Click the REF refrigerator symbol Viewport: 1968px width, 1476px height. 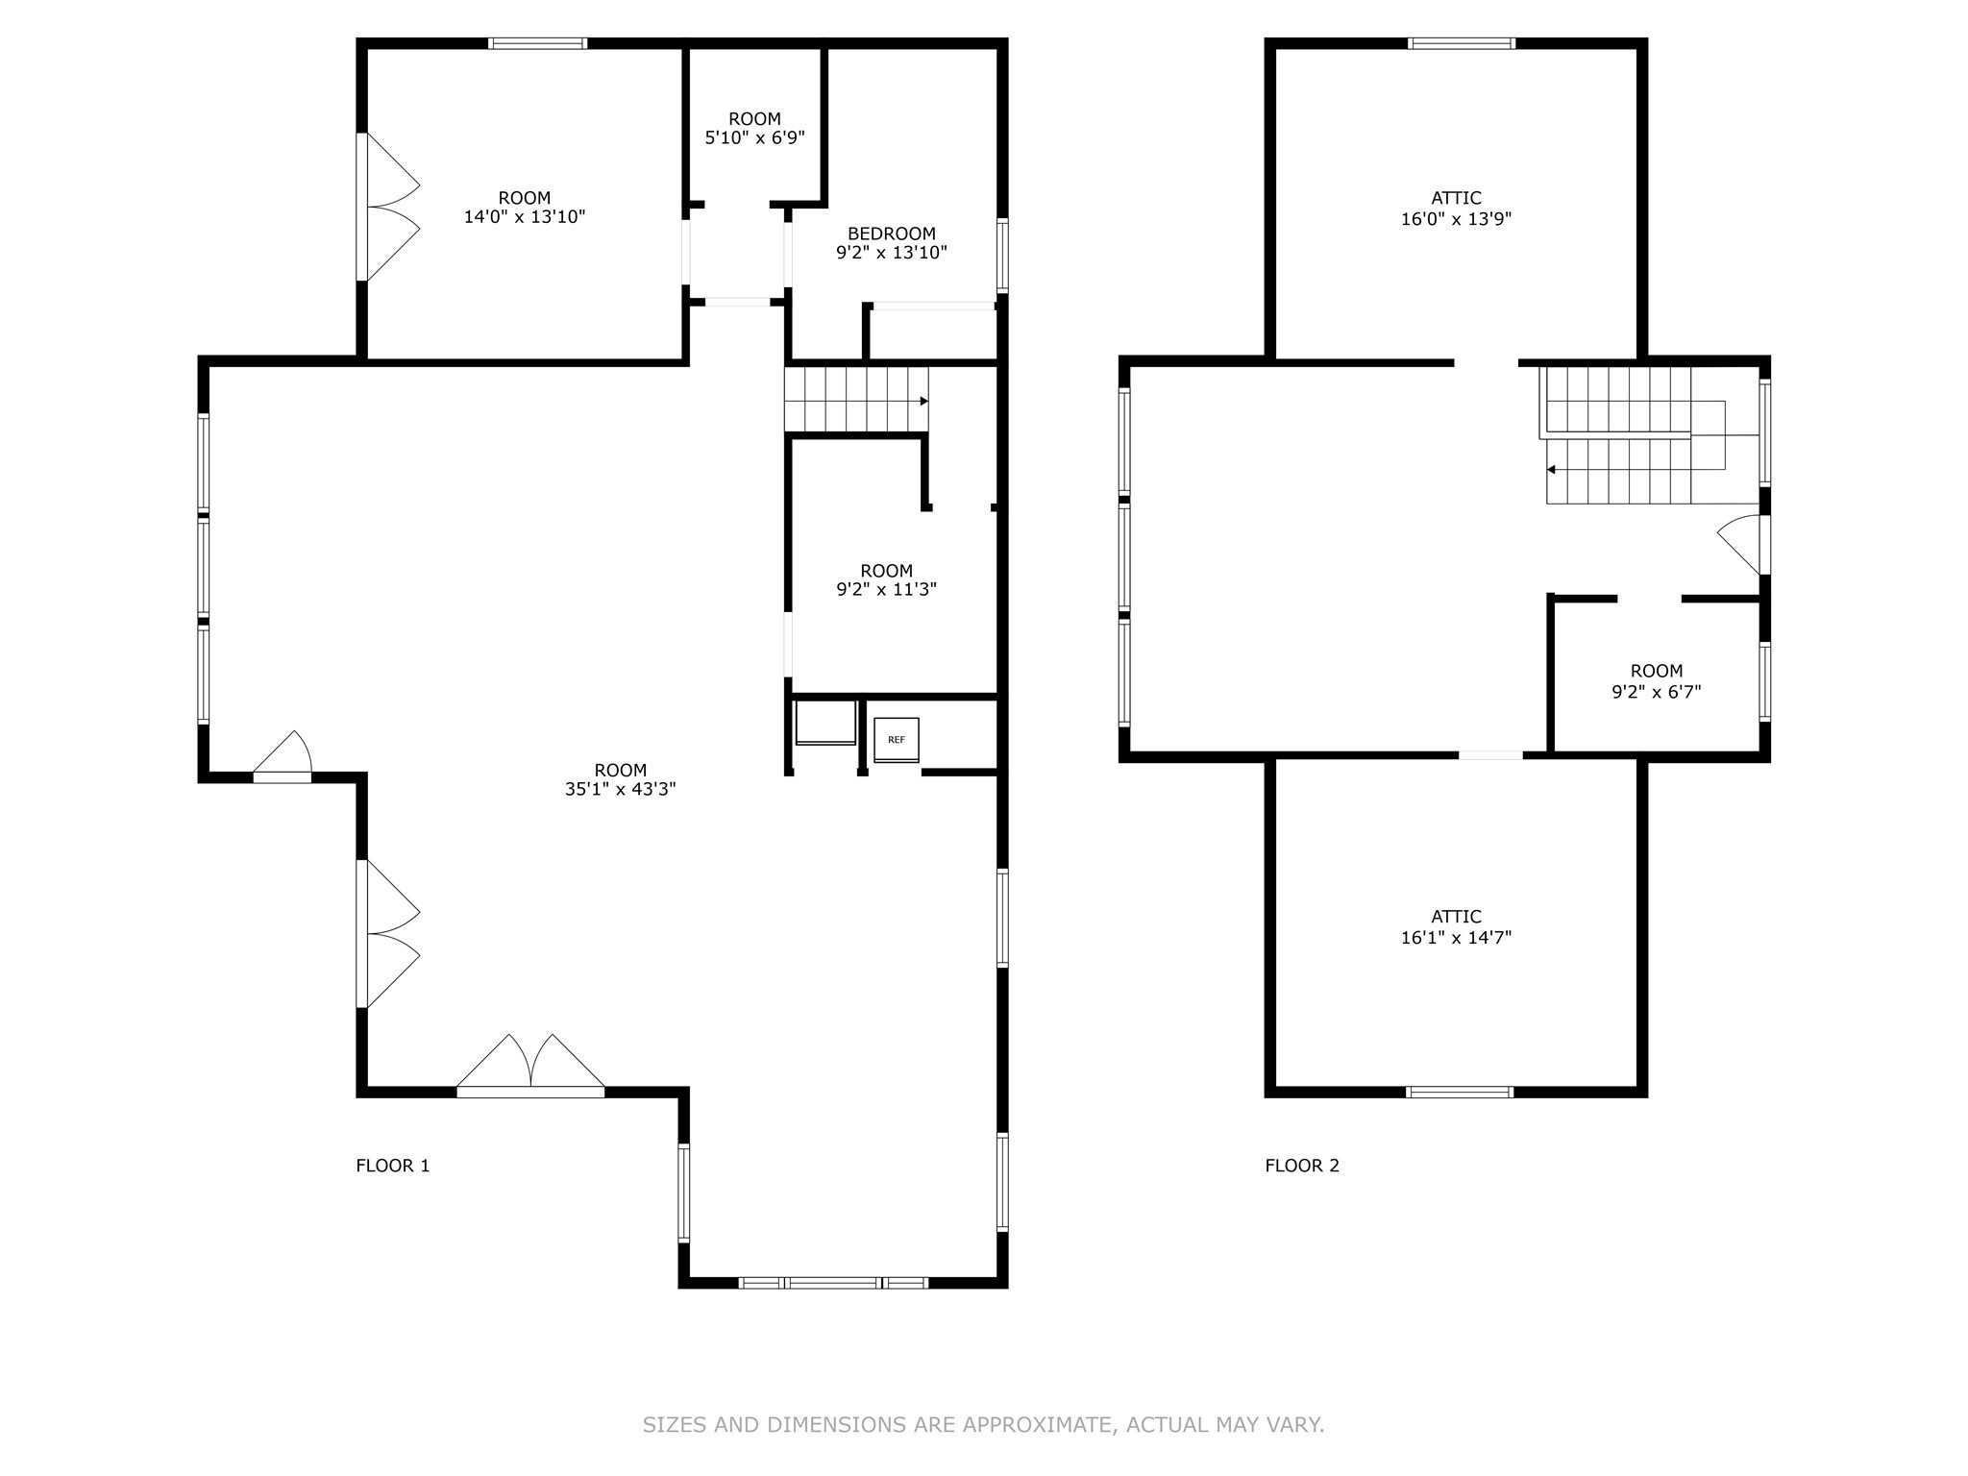(896, 740)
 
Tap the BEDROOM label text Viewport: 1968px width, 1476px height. (891, 234)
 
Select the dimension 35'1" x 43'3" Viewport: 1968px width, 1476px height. (620, 789)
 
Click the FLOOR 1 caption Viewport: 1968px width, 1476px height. (392, 1166)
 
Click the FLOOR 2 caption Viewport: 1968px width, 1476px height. (1301, 1166)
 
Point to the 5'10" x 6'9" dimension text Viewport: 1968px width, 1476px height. (754, 137)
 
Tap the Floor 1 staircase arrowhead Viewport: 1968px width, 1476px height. (923, 401)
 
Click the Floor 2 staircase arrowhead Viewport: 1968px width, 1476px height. (1551, 470)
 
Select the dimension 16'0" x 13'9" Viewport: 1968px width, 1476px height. (1456, 218)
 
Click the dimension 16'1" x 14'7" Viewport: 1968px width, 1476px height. (1456, 937)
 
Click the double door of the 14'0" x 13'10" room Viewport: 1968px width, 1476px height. (389, 207)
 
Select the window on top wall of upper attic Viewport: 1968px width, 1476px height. (1461, 43)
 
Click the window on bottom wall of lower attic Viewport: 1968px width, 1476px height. (1459, 1092)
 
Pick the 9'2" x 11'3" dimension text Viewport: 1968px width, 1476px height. (886, 589)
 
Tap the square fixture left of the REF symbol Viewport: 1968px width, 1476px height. (825, 723)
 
